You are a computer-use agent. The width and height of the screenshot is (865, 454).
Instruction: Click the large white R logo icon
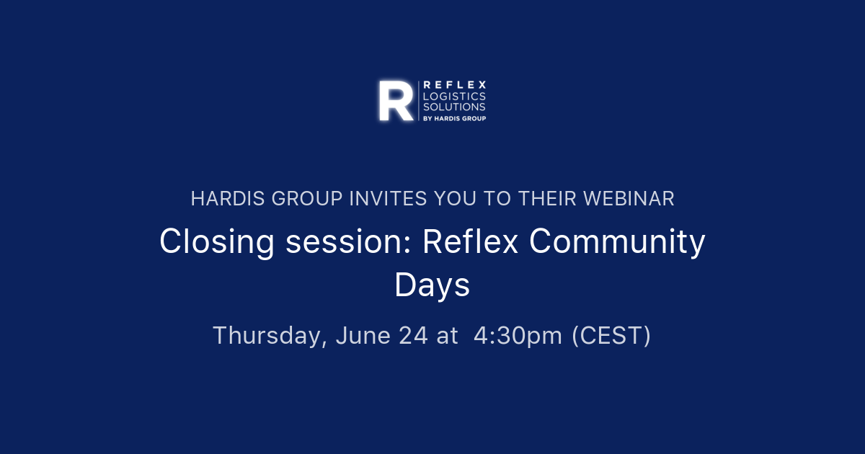pos(396,101)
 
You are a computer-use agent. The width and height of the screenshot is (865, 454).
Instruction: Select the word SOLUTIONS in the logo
pos(454,107)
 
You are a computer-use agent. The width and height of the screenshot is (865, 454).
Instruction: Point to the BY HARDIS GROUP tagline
pos(454,118)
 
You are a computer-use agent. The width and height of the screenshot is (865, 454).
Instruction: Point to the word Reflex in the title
pos(470,242)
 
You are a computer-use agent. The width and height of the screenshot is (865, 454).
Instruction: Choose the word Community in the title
pos(617,242)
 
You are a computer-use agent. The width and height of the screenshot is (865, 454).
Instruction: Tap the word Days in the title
pos(432,285)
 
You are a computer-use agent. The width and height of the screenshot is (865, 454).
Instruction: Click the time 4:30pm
pos(518,336)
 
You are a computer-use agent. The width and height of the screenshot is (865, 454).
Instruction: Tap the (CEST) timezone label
pos(611,336)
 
